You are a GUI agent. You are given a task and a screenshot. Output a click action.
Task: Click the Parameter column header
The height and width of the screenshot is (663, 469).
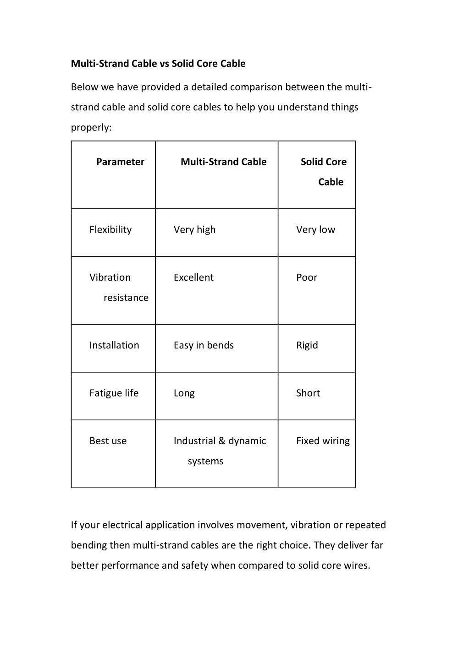pyautogui.click(x=120, y=162)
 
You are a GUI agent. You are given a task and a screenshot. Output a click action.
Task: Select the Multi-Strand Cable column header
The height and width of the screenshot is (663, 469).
pyautogui.click(x=223, y=162)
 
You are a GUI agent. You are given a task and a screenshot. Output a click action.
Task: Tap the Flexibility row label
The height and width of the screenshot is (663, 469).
pyautogui.click(x=110, y=229)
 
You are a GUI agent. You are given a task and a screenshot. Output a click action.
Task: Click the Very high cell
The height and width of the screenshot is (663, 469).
pyautogui.click(x=194, y=229)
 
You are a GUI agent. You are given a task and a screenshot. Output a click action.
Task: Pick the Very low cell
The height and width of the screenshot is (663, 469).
pyautogui.click(x=315, y=229)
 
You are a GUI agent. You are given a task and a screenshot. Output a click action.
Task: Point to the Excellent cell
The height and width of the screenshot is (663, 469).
pyautogui.click(x=193, y=277)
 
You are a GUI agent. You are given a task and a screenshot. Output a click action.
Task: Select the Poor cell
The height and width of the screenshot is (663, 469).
pyautogui.click(x=307, y=277)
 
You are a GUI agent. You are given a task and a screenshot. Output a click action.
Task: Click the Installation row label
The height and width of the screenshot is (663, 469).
pyautogui.click(x=114, y=345)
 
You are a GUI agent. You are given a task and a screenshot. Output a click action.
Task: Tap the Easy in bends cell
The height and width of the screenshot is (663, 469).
pyautogui.click(x=204, y=345)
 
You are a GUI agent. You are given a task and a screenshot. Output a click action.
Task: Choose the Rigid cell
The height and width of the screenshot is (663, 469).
pyautogui.click(x=307, y=345)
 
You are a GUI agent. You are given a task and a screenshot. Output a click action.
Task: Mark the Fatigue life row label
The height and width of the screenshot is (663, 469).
pyautogui.click(x=114, y=393)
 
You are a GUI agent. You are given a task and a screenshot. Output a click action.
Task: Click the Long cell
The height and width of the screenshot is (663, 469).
pyautogui.click(x=184, y=393)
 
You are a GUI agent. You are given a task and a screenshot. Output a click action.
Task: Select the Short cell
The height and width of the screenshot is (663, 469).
pyautogui.click(x=308, y=393)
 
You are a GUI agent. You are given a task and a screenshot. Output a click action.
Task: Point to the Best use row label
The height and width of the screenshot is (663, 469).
pyautogui.click(x=108, y=441)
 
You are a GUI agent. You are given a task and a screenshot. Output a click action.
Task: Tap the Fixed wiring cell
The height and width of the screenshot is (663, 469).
pyautogui.click(x=323, y=441)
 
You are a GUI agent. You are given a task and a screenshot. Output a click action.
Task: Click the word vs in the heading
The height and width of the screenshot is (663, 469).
pyautogui.click(x=164, y=64)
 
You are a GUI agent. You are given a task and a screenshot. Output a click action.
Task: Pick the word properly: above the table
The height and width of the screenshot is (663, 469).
pyautogui.click(x=91, y=128)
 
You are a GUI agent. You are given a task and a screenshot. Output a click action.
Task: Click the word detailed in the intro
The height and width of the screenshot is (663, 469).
pyautogui.click(x=209, y=87)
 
